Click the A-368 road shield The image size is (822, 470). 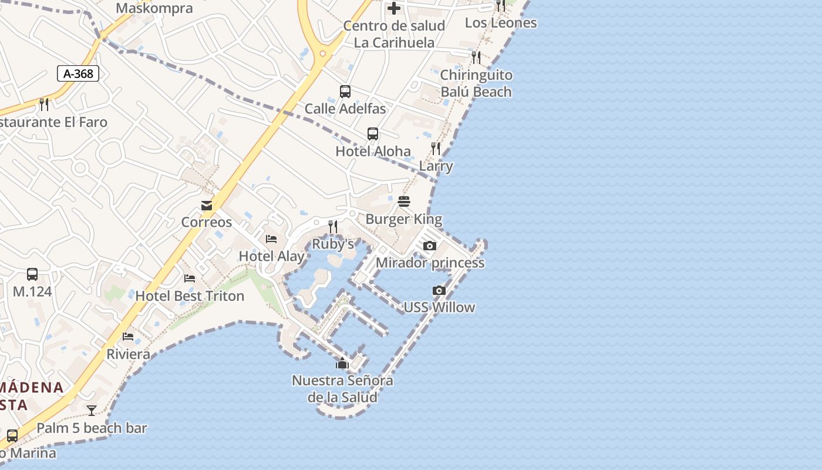click(x=78, y=73)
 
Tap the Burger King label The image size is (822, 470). click(x=404, y=219)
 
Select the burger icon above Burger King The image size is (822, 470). click(x=403, y=202)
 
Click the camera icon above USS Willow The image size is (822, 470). click(x=439, y=290)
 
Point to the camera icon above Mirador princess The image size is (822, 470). click(x=430, y=246)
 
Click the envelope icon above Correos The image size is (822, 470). click(x=207, y=206)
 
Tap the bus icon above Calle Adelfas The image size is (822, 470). click(x=345, y=92)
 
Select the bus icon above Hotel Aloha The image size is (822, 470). click(x=373, y=134)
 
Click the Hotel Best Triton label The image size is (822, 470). click(x=190, y=296)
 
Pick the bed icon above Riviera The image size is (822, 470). click(x=128, y=337)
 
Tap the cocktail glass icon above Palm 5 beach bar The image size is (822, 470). click(x=92, y=411)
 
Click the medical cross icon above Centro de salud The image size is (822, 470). click(x=394, y=8)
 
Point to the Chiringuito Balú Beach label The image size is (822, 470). click(x=476, y=83)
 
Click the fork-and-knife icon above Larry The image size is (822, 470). click(x=436, y=149)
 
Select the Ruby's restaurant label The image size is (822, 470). click(x=333, y=244)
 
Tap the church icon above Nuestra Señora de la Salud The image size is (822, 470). click(x=342, y=363)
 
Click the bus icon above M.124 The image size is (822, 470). click(x=32, y=274)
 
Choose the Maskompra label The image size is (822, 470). click(x=154, y=8)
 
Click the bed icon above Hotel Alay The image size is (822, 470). click(x=271, y=239)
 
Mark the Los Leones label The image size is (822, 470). click(x=501, y=23)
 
